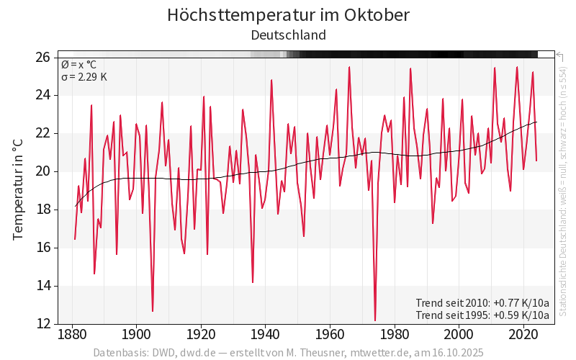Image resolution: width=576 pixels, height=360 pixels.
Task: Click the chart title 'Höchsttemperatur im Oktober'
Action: pyautogui.click(x=288, y=14)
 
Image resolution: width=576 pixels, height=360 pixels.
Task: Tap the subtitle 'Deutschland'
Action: pyautogui.click(x=288, y=35)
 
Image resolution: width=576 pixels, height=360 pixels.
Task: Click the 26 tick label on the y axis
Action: pyautogui.click(x=43, y=57)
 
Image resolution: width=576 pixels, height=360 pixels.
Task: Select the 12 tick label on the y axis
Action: pyautogui.click(x=43, y=324)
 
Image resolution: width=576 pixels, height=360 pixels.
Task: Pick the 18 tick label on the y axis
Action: pyautogui.click(x=43, y=210)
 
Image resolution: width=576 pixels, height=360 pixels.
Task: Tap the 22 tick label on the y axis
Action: pyautogui.click(x=43, y=133)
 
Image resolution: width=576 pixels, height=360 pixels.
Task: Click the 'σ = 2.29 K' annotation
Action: pyautogui.click(x=84, y=77)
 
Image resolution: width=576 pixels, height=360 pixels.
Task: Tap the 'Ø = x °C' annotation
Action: pyautogui.click(x=78, y=64)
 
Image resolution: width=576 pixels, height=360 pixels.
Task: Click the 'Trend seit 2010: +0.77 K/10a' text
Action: pyautogui.click(x=482, y=302)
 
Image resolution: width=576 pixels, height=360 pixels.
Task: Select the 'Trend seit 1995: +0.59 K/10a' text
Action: pyautogui.click(x=482, y=315)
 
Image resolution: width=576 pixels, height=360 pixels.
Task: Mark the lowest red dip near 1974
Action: pyautogui.click(x=375, y=320)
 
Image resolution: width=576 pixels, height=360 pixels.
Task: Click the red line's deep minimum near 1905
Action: pyautogui.click(x=153, y=311)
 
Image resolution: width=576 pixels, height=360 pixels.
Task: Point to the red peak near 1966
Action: pyautogui.click(x=349, y=67)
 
